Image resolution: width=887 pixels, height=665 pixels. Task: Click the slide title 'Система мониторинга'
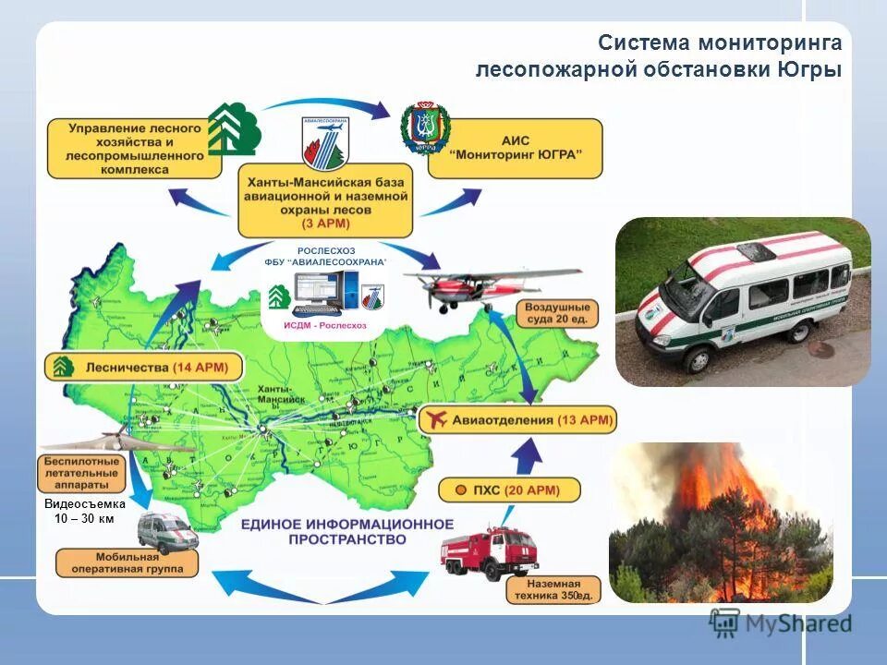719,43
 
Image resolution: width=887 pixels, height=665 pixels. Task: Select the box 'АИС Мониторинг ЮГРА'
515,148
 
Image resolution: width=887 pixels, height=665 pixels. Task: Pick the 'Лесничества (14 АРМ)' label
143,368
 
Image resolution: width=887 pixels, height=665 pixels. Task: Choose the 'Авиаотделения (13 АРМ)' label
517,420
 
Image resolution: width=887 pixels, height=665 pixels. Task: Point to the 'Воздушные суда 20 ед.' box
557,312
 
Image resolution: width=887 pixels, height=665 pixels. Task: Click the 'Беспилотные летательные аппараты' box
82,473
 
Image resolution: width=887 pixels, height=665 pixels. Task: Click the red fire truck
485,550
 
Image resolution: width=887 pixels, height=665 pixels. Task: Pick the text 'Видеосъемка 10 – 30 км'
79,512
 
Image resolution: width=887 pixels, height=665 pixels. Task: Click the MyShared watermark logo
781,623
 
